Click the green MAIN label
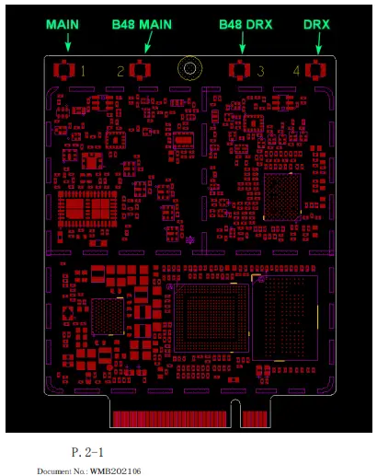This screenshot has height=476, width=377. tap(63, 25)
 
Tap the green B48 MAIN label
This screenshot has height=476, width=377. tap(142, 25)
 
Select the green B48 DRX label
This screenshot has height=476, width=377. tap(246, 25)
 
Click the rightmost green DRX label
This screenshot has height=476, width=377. tap(316, 25)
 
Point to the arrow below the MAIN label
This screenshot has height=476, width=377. tap(68, 42)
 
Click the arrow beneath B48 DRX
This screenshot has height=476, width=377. tap(243, 42)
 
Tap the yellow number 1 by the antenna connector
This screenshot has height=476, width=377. tap(83, 71)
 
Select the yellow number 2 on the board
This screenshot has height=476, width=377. tap(120, 71)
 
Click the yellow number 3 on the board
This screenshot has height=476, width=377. tap(260, 71)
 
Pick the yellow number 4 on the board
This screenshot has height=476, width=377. tap(296, 71)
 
